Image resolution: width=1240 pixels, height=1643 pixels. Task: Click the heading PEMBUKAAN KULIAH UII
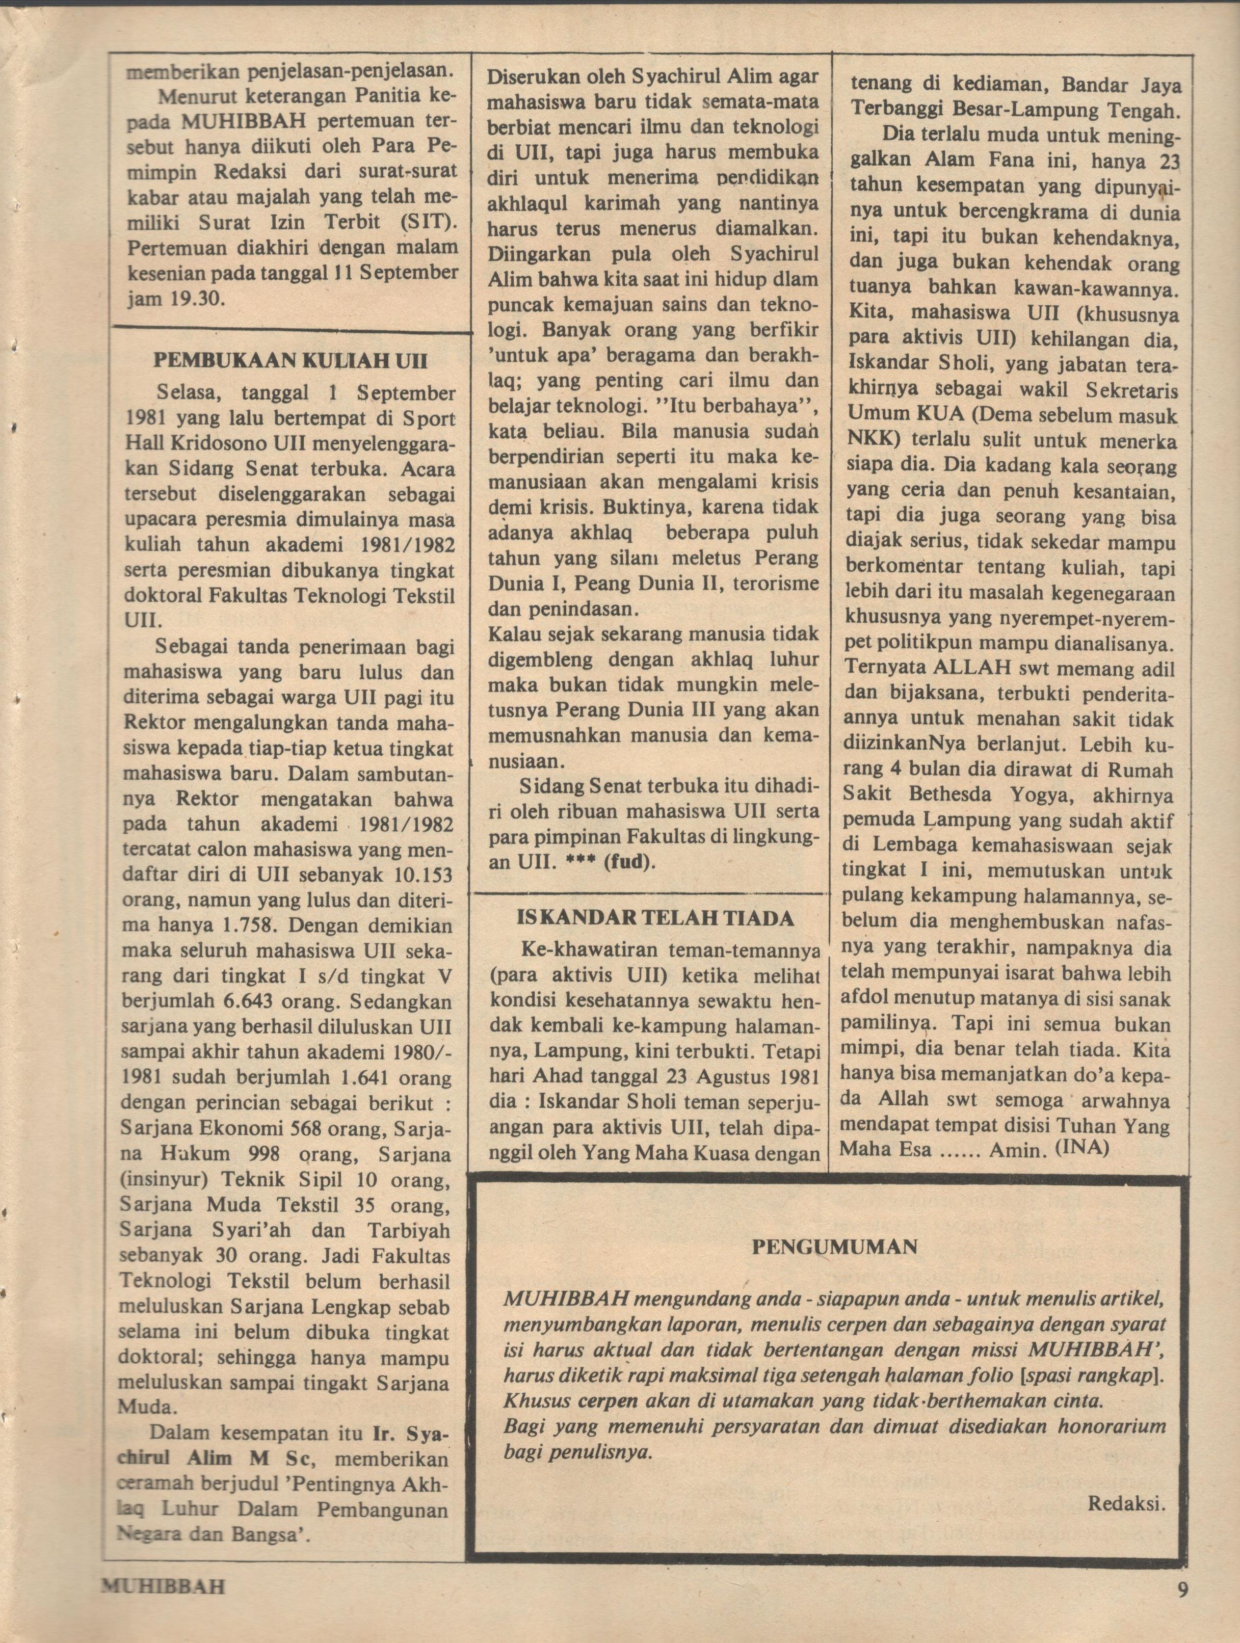coord(290,361)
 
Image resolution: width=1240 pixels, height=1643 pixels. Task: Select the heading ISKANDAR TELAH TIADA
coord(655,918)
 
